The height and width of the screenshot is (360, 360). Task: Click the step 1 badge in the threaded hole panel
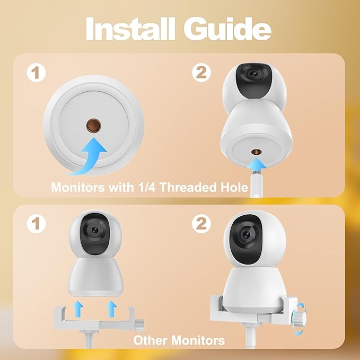coord(36,74)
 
